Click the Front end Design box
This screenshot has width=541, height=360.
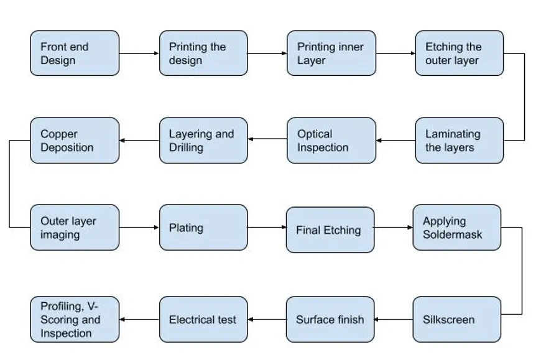click(x=74, y=53)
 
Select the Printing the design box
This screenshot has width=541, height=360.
click(x=203, y=53)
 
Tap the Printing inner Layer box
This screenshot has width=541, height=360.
click(x=331, y=53)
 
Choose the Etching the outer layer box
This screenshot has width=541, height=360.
click(x=459, y=53)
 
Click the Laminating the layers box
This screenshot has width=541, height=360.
click(x=459, y=141)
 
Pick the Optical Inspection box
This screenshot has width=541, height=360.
click(x=331, y=141)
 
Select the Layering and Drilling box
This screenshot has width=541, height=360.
click(x=203, y=141)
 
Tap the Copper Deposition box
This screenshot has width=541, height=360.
click(x=74, y=141)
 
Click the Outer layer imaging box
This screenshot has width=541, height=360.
click(x=74, y=228)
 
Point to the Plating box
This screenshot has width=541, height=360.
click(x=203, y=228)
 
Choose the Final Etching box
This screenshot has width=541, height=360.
click(x=330, y=230)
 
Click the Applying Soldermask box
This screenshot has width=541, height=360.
click(x=456, y=228)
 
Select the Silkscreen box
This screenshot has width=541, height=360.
click(x=456, y=320)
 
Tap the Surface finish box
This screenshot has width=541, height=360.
click(x=330, y=320)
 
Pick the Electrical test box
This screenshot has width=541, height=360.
click(x=203, y=320)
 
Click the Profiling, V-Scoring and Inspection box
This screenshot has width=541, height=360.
click(x=74, y=320)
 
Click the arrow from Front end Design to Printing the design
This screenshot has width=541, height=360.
click(x=139, y=53)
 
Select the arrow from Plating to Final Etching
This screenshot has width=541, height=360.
click(x=267, y=228)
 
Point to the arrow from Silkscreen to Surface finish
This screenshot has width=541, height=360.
click(x=394, y=320)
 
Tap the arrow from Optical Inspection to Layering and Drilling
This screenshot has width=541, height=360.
click(x=267, y=141)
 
